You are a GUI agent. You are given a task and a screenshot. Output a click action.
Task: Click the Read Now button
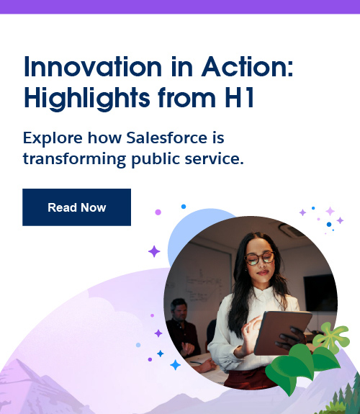point(76,207)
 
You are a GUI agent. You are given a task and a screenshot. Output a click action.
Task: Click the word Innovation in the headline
point(90,68)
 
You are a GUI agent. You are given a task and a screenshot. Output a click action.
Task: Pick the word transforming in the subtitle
point(71,158)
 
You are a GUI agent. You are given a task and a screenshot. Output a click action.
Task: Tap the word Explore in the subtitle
point(51,137)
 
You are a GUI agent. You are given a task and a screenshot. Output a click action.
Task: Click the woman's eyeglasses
point(258,257)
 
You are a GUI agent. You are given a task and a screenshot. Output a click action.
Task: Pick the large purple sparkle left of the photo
point(154,251)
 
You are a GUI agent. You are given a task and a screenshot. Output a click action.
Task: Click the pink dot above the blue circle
point(158,212)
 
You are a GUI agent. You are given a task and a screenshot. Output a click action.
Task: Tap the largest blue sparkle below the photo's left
point(175,365)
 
